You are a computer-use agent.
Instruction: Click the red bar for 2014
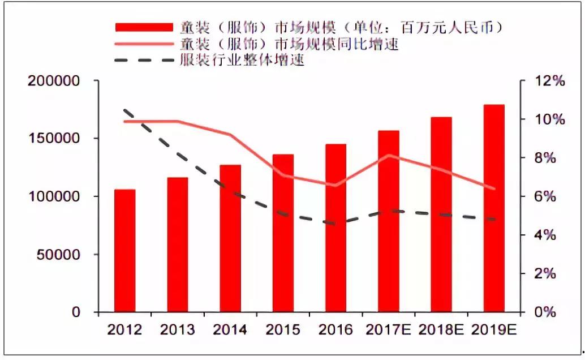(230, 238)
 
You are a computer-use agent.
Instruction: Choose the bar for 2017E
(389, 221)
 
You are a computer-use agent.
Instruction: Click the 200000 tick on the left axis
(54, 81)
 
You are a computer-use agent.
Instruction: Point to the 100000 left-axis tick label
(54, 196)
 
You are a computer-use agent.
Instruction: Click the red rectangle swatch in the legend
(144, 27)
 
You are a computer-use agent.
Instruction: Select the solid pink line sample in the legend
(144, 44)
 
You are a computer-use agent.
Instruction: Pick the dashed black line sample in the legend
(144, 60)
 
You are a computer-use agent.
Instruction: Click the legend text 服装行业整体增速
(243, 60)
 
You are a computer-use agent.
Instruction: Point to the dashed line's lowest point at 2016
(336, 224)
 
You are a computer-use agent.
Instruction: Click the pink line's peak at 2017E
(389, 155)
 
